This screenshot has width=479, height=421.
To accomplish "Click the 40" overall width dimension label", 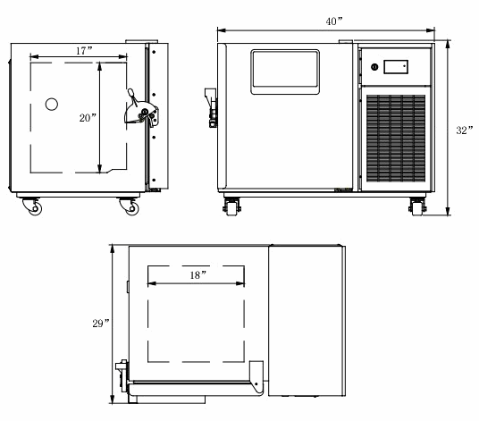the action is point(334,21).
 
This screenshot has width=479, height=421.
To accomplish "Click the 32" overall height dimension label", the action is point(465,131).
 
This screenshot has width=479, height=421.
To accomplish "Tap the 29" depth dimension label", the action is point(101,324).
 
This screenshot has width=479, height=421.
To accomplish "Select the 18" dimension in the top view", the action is point(198,275).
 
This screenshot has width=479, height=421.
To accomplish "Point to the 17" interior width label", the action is point(84,51).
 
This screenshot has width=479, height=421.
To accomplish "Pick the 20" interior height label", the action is point(88,118).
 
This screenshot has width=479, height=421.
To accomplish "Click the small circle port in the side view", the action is point(52,105).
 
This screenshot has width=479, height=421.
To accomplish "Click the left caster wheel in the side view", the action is point(32,206).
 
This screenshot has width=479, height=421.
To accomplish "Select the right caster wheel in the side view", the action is point(130,206).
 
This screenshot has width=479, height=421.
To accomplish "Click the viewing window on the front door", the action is point(285,72).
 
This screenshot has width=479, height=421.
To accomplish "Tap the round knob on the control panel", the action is point(374,67).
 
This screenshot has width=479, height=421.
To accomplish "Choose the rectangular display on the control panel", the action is point(396,67).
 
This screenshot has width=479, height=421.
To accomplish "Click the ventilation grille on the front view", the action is point(396,138).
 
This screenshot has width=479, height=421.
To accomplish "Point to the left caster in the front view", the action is point(231,206).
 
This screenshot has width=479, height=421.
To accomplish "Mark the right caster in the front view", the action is point(417,206).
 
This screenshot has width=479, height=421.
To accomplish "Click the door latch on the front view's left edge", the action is point(211,107).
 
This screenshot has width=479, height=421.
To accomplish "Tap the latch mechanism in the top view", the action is point(122,375).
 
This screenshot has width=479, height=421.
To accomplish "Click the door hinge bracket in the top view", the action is point(256,377).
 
